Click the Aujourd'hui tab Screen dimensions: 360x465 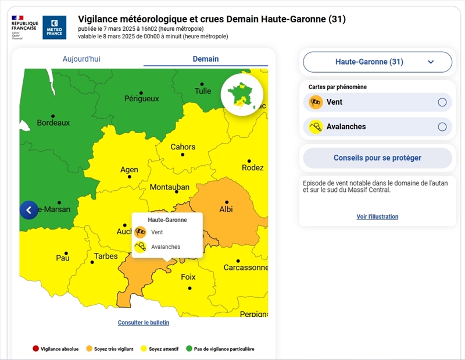(x=81, y=59)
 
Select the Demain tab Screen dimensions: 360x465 (x=206, y=59)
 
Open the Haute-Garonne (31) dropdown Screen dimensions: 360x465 (x=377, y=62)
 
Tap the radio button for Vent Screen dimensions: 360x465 (x=442, y=102)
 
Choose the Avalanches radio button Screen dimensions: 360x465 (x=442, y=127)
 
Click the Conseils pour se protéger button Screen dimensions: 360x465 (x=377, y=158)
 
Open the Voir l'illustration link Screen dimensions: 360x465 (x=377, y=216)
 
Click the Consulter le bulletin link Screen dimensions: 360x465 (x=144, y=322)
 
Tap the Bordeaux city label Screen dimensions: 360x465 (x=53, y=123)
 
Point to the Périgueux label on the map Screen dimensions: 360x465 (x=141, y=98)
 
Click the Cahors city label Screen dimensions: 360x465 (x=183, y=147)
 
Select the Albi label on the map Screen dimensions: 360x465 (x=226, y=209)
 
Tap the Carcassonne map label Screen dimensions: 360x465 (x=245, y=268)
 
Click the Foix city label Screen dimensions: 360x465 (x=188, y=277)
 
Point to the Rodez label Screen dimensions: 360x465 (x=253, y=167)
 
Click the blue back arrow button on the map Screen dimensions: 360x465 (x=28, y=210)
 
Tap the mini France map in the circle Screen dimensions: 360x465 (x=242, y=95)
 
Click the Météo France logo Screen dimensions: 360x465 (x=54, y=27)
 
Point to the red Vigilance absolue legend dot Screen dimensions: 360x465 (x=35, y=349)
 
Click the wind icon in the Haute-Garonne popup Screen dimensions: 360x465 (x=140, y=232)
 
